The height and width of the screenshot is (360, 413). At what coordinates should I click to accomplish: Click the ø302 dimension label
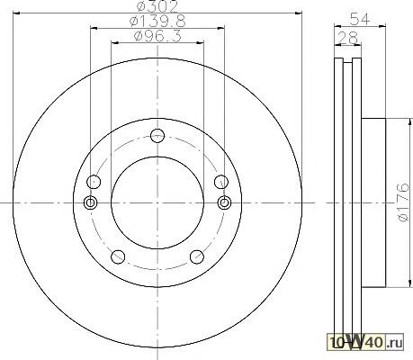click(x=157, y=5)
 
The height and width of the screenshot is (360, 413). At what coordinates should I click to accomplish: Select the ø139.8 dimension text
click(x=157, y=21)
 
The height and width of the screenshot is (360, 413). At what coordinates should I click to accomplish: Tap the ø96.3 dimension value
click(x=157, y=36)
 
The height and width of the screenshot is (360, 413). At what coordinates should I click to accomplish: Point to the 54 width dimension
click(x=360, y=20)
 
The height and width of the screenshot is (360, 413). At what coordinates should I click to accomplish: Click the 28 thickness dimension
click(x=348, y=38)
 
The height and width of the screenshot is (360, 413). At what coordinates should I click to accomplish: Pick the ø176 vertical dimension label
click(x=404, y=202)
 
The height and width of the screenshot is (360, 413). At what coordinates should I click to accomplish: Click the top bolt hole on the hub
click(x=157, y=136)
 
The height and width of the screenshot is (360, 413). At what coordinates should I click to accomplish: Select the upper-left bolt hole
click(x=94, y=182)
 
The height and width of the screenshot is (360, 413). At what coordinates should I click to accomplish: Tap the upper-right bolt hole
click(x=221, y=182)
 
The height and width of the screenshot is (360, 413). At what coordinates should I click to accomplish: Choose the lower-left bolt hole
click(x=118, y=256)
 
